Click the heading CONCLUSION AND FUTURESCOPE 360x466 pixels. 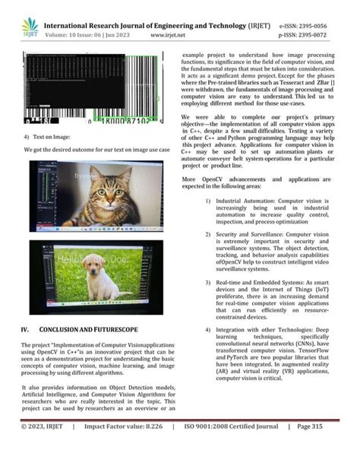point(89,329)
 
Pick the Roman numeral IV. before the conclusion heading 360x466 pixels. point(25,329)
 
